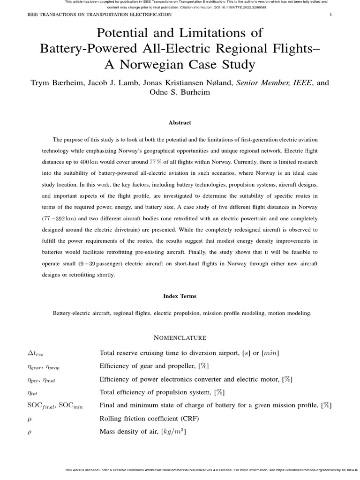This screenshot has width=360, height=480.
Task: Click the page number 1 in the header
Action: point(331,15)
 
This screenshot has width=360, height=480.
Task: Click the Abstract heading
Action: point(180,123)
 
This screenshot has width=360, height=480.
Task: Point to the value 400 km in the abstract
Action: point(89,162)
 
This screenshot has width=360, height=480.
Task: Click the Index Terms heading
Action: point(180,296)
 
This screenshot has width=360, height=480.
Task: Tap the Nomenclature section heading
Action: point(180,337)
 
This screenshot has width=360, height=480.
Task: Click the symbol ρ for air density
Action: point(30,432)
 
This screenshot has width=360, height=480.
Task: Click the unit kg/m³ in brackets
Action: point(173,432)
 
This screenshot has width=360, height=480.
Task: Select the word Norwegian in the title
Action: point(159,64)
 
